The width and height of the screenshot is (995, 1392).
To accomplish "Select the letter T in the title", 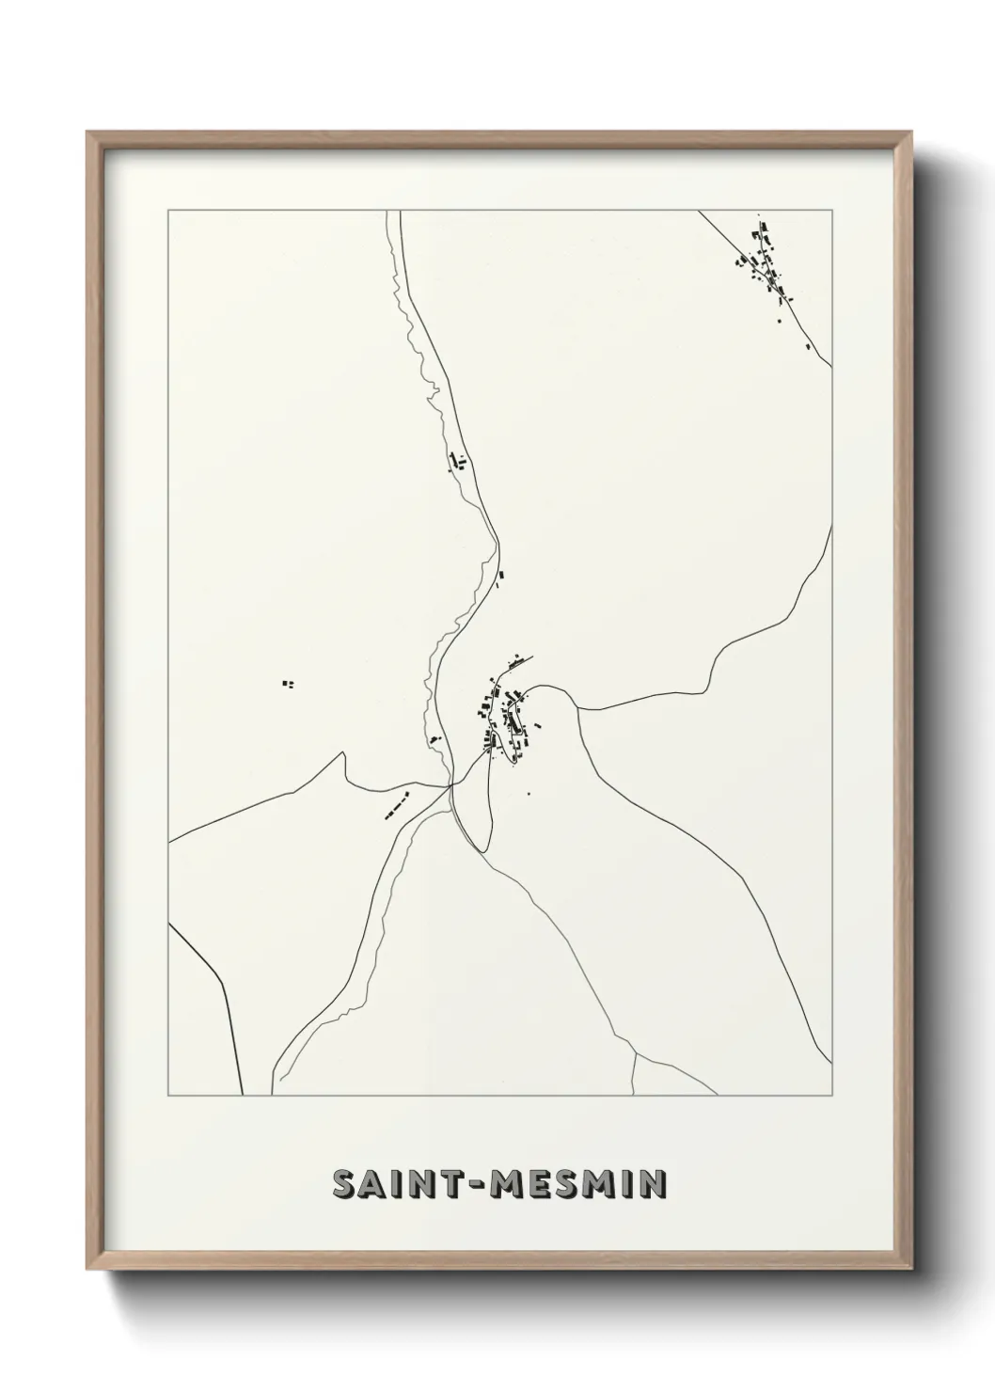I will point(454,1185).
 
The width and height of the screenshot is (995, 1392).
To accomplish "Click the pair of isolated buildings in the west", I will point(289,684).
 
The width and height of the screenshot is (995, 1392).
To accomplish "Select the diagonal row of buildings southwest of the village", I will point(399,806).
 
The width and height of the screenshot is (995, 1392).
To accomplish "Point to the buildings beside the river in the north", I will point(459,461).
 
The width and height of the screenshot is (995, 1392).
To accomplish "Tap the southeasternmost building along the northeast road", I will point(808,346).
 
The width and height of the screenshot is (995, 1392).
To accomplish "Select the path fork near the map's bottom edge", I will point(636,1053).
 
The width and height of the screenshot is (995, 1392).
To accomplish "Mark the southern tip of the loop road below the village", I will point(482,851).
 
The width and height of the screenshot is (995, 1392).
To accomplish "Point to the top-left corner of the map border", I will point(168,211).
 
